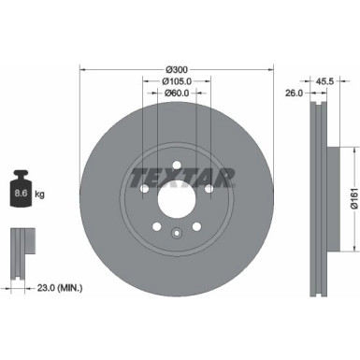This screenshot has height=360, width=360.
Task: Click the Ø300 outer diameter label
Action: (x=178, y=68)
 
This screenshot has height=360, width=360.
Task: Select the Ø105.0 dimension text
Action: (x=178, y=80)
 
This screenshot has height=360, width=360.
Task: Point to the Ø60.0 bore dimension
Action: (x=177, y=93)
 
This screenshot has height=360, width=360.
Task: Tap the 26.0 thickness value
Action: (x=294, y=93)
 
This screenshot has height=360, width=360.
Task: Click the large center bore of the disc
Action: (x=177, y=199)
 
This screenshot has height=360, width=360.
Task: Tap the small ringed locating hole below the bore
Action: (x=177, y=231)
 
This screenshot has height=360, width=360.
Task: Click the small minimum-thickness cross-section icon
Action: (x=21, y=251)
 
